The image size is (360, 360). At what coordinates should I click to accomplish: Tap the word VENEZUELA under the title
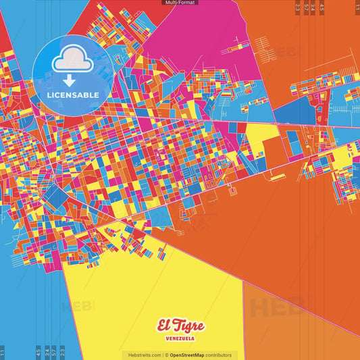coord(180,338)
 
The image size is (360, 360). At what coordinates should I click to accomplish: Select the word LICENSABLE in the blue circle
coord(72,95)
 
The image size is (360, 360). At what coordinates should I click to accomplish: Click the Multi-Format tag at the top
coord(180,3)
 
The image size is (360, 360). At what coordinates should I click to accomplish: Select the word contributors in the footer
coord(218,355)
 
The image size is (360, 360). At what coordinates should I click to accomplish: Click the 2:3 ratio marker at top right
coord(298,7)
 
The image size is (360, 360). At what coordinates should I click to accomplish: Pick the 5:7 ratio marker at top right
coord(306,7)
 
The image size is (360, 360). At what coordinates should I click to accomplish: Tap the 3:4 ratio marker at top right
coord(313,7)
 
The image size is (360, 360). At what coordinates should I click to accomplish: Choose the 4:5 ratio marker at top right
coord(322,7)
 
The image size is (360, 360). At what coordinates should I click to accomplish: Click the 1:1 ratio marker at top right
coord(357,7)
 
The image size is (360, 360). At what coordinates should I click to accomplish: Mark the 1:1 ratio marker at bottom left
coord(3,352)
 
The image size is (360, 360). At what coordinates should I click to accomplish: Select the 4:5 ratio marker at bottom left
coord(38,352)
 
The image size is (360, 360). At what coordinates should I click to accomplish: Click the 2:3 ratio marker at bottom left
coord(62,352)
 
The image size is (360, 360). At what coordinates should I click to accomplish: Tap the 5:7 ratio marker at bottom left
coord(54,352)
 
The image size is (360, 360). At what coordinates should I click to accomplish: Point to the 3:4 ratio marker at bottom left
coord(47,352)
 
